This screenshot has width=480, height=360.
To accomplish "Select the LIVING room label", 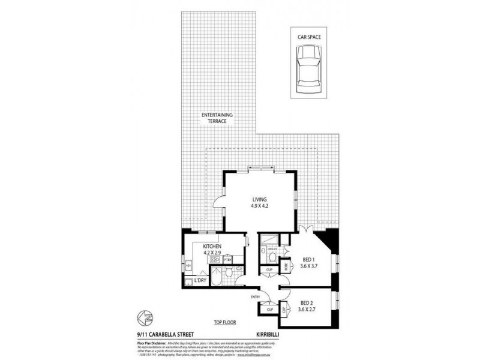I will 259,199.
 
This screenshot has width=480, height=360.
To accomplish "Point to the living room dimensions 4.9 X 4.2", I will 259,206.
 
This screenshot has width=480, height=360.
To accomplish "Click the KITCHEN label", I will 212,246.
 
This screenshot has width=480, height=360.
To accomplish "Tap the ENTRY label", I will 256,297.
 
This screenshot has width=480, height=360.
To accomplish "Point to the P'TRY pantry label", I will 228,259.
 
